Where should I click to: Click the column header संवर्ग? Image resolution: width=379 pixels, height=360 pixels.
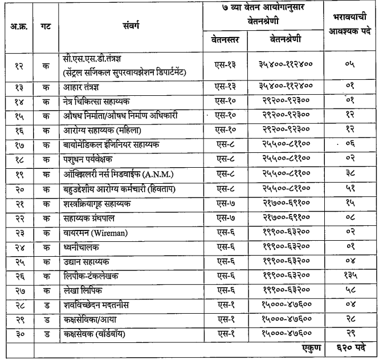[x=131, y=27]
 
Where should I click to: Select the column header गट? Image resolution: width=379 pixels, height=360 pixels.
[x=46, y=27]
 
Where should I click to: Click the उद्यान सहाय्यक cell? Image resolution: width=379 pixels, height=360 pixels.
[x=87, y=261]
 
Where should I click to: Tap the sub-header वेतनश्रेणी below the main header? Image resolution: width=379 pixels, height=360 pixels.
[x=286, y=40]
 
